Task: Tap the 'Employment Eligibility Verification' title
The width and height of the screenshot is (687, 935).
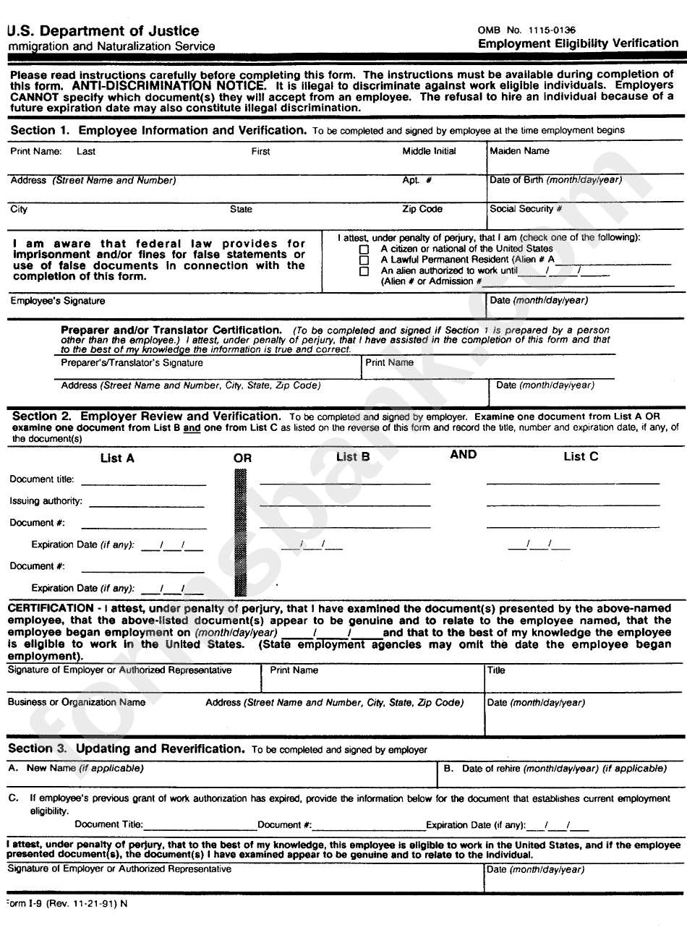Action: pos(578,43)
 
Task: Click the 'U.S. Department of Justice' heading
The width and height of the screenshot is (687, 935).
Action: pos(103,31)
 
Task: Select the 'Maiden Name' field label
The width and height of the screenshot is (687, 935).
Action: pos(519,151)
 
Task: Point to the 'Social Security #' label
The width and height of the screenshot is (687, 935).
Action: pos(526,209)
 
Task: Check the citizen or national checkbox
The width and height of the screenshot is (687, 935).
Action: pos(364,249)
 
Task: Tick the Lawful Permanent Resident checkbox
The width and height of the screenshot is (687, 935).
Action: pos(364,260)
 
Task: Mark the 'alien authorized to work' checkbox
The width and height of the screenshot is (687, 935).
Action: pos(364,271)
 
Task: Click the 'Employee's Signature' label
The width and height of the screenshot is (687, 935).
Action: pos(58,301)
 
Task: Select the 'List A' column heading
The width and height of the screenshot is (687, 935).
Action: pos(117,458)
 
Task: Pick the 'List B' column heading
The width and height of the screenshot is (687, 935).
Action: pos(353,456)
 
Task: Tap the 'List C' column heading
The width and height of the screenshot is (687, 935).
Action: pos(581,456)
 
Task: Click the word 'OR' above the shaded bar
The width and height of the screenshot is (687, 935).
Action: pos(243,458)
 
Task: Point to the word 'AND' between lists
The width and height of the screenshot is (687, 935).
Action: pos(463,455)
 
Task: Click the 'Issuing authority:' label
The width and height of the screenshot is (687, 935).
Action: pos(46,501)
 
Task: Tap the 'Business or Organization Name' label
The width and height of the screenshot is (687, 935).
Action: pos(77,702)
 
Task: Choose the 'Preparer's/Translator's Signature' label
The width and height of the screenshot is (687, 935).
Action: pos(132,363)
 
